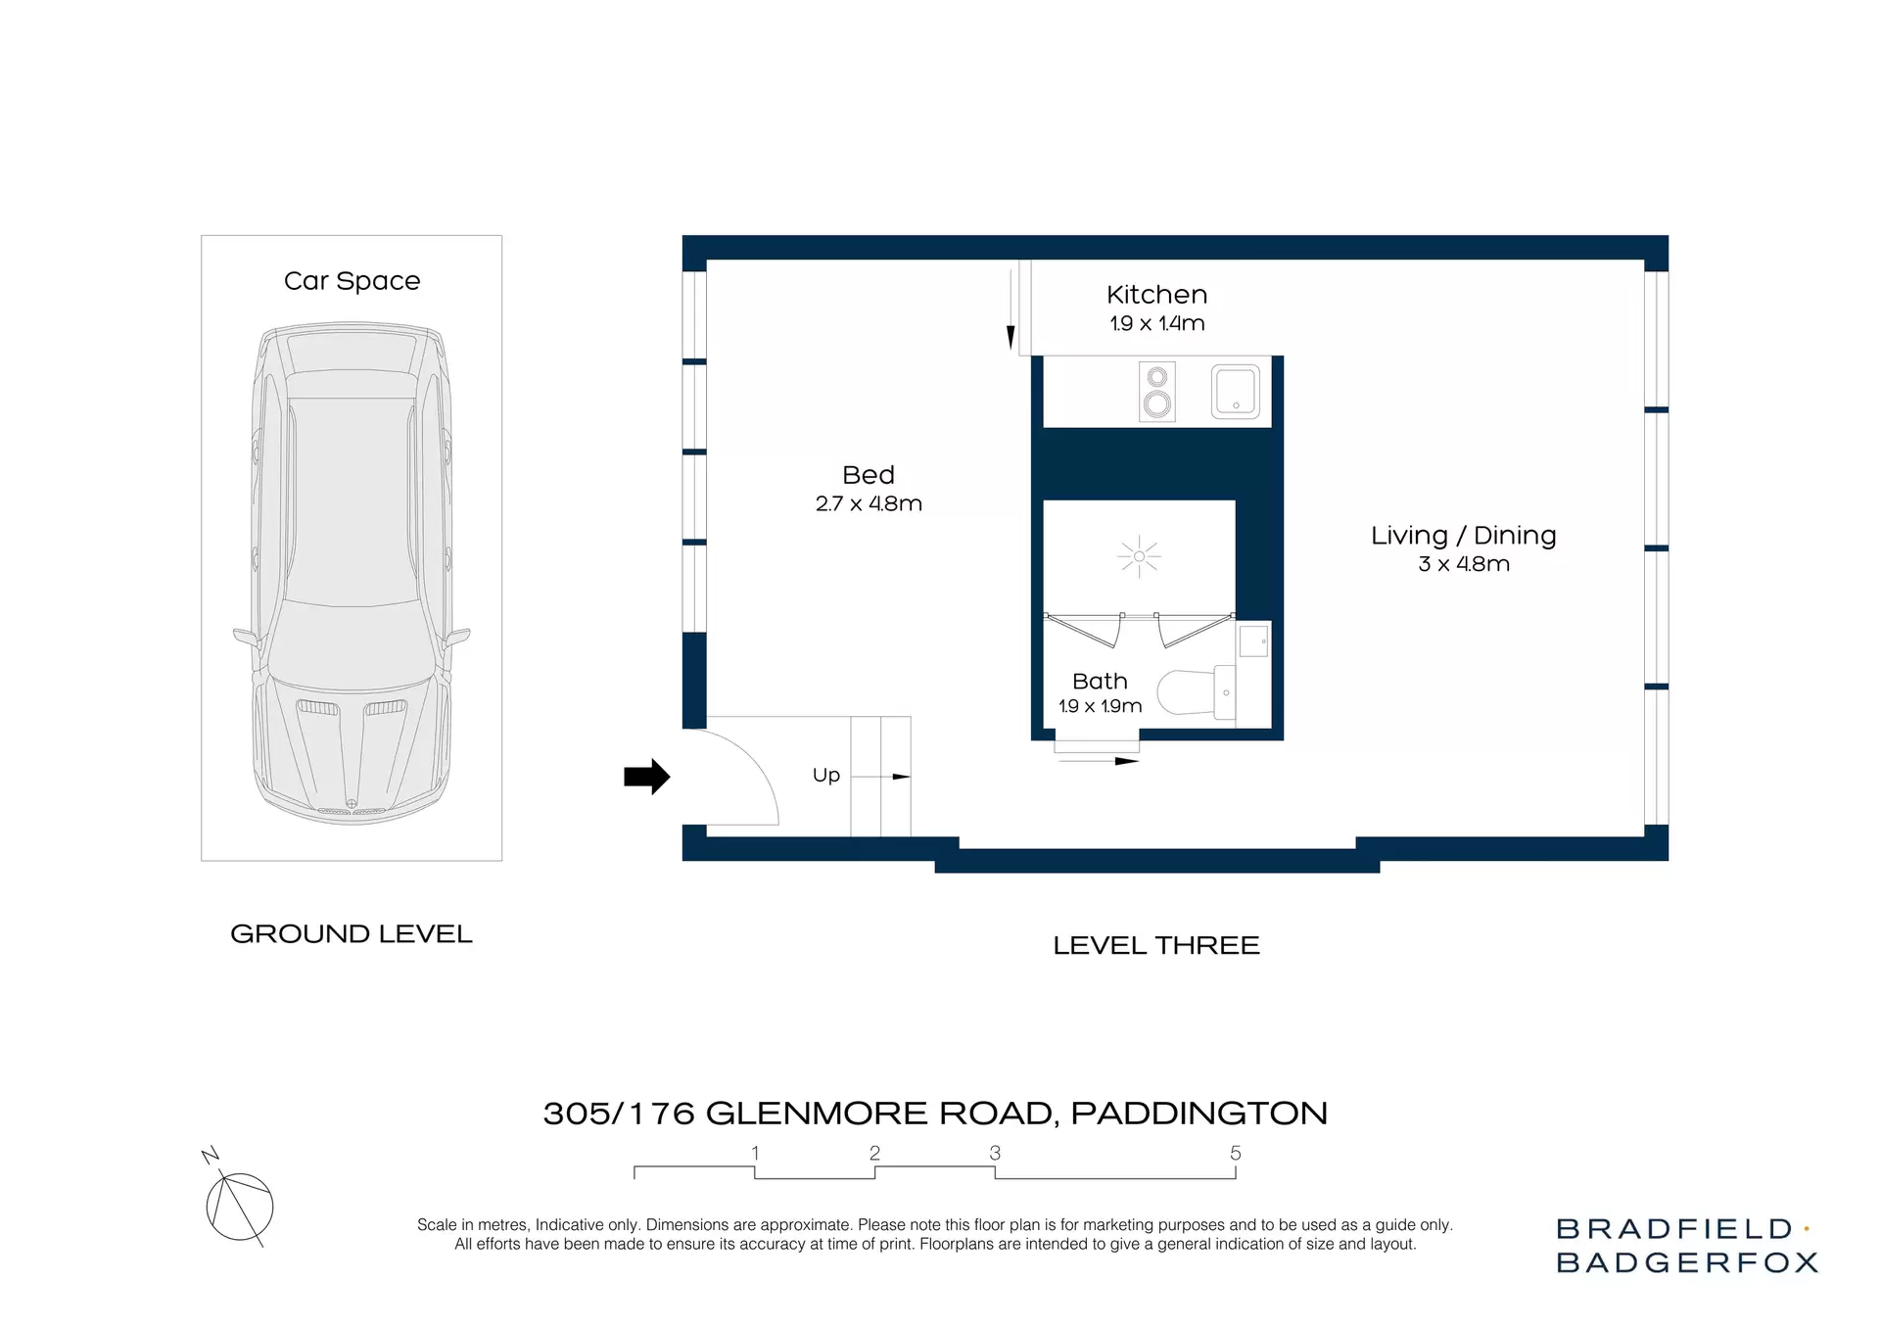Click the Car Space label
coord(352,281)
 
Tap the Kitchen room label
coord(1156,295)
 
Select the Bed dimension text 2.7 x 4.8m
coord(869,503)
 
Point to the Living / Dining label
coord(1463,536)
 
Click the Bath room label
coord(1100,681)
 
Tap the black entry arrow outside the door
coord(647,777)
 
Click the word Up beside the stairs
coord(826,775)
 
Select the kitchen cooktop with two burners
coord(1157,392)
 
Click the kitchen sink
coord(1236,392)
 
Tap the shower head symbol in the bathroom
coord(1139,557)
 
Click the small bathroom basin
coord(1253,641)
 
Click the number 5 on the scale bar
coord(1236,1153)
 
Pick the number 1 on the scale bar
coord(755,1153)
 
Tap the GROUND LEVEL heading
coord(352,933)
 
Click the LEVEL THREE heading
coord(1156,945)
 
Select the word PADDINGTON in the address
coord(1199,1114)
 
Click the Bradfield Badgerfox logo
coord(1687,1245)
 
